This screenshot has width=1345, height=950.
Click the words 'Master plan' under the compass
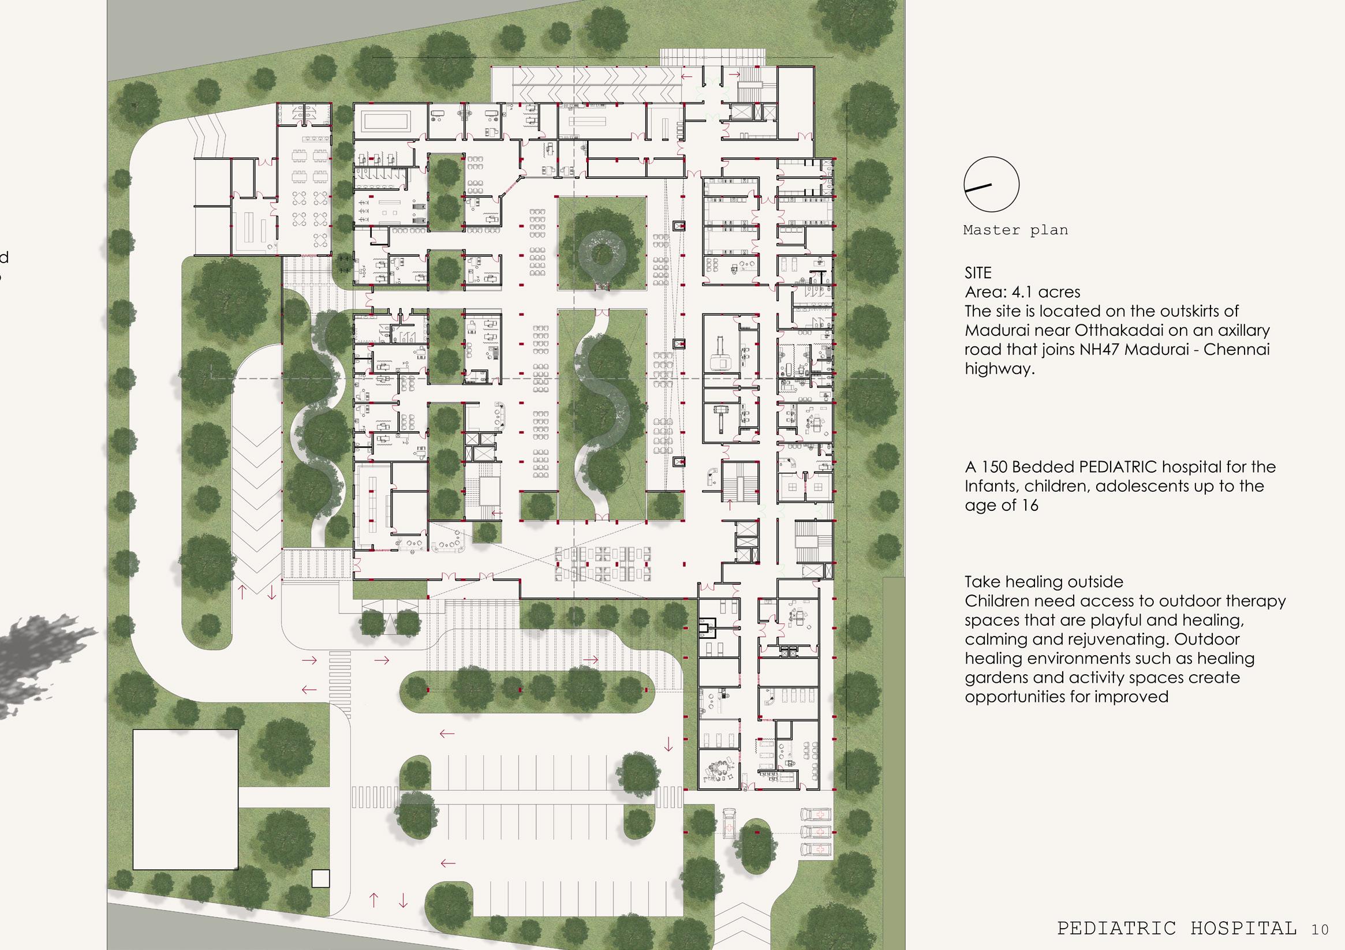pyautogui.click(x=1015, y=230)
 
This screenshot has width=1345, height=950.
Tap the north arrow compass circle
pyautogui.click(x=991, y=185)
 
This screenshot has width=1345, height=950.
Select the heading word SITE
pyautogui.click(x=978, y=273)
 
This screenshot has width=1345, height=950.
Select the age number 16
pyautogui.click(x=1029, y=506)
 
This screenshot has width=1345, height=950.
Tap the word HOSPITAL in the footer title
pyautogui.click(x=1243, y=927)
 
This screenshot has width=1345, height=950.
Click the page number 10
pyautogui.click(x=1320, y=929)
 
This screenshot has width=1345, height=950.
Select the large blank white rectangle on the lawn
pyautogui.click(x=185, y=799)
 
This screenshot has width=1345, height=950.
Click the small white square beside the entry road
pyautogui.click(x=320, y=878)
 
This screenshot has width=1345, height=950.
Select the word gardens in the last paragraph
pyautogui.click(x=996, y=678)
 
